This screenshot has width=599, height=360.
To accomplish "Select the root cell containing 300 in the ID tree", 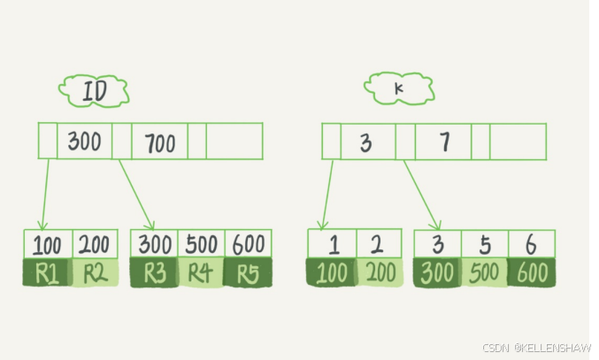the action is click(x=84, y=142).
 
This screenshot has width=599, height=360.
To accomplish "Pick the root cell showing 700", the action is click(x=159, y=142).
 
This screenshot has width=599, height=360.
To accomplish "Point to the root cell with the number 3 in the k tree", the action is click(x=367, y=142).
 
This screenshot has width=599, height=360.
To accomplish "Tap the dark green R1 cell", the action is click(x=47, y=273).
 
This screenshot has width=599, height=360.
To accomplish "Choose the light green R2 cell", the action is click(x=95, y=273).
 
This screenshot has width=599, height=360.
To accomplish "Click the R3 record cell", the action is click(x=154, y=273).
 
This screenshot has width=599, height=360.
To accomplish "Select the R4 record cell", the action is click(x=201, y=273).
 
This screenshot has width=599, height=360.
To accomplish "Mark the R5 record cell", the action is click(x=249, y=273).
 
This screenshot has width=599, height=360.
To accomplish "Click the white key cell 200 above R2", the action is click(x=95, y=244).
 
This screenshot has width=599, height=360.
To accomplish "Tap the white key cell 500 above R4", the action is click(x=201, y=244).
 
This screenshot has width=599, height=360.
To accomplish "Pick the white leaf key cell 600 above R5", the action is click(x=249, y=244).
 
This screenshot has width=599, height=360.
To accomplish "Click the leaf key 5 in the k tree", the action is click(x=485, y=244).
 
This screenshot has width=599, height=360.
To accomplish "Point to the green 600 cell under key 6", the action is click(x=532, y=272).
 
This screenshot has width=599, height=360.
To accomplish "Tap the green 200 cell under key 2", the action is click(x=379, y=272).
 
